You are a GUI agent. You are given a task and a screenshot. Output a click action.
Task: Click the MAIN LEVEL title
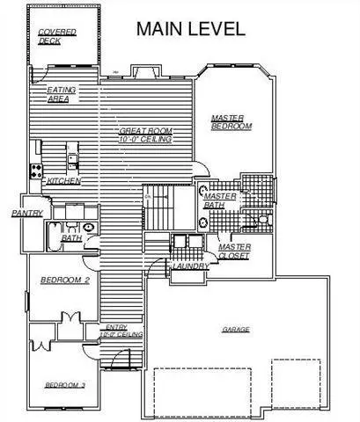click(x=189, y=29)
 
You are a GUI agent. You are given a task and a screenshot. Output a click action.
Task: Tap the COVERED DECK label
click(x=57, y=36)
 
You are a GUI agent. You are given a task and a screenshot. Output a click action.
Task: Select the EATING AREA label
click(x=62, y=93)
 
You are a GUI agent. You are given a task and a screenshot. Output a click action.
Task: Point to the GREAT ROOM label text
click(x=145, y=135)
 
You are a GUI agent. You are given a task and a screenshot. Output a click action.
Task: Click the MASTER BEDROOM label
click(x=231, y=122)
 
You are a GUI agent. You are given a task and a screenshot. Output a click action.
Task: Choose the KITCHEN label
click(x=64, y=181)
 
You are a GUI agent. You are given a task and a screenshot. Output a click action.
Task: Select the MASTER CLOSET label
click(x=234, y=251)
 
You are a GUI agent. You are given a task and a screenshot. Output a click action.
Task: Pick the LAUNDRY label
click(x=190, y=266)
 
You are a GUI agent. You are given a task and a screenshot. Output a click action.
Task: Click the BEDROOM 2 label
click(x=65, y=280)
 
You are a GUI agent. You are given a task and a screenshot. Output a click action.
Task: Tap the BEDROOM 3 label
click(x=64, y=385)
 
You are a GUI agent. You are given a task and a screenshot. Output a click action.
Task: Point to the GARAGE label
click(x=235, y=330)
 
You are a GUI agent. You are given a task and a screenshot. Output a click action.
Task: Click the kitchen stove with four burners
click(x=37, y=170)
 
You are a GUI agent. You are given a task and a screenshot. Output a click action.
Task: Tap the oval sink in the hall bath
click(x=89, y=224)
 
